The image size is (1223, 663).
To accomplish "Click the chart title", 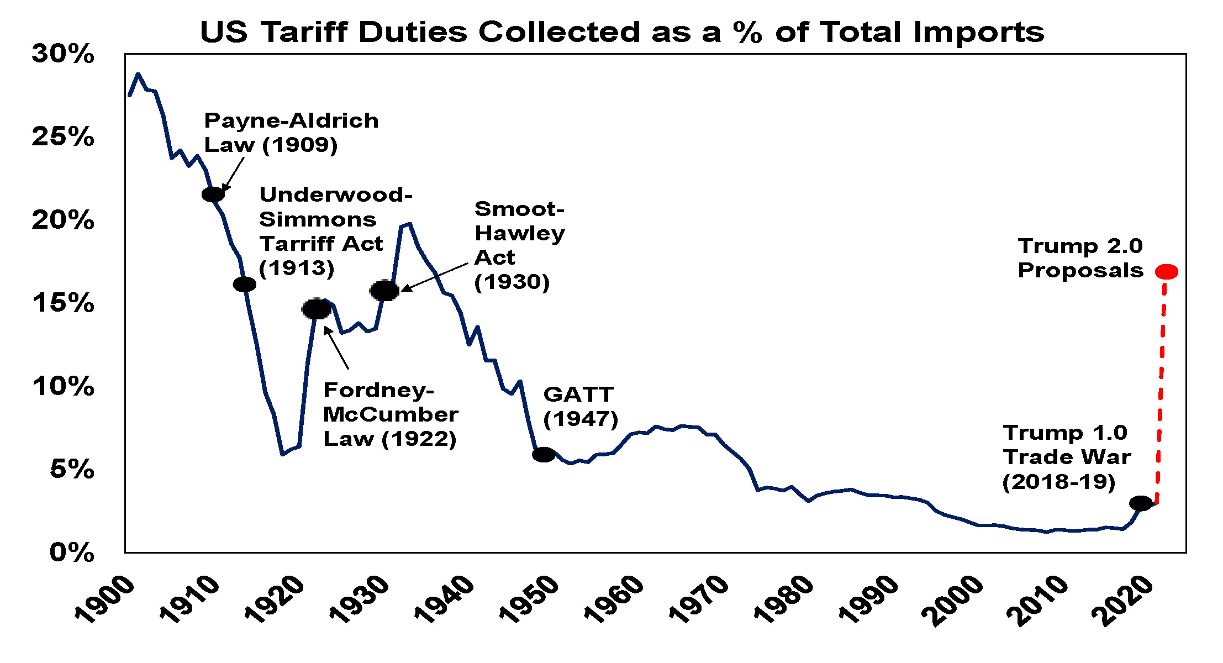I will click(x=621, y=31).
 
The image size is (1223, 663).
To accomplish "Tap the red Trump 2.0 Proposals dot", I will click(x=1166, y=271).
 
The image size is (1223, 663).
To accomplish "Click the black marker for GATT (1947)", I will click(x=544, y=454).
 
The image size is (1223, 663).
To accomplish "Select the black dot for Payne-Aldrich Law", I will click(x=213, y=194).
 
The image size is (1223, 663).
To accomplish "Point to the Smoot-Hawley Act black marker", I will click(x=384, y=290).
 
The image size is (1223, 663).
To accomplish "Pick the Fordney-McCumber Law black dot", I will click(x=317, y=309).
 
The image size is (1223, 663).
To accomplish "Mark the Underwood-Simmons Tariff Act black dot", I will click(x=244, y=284).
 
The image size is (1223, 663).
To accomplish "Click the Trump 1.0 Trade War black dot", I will click(x=1141, y=503).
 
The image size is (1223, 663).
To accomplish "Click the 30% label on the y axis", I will click(x=63, y=54).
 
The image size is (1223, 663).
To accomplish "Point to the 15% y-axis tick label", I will click(x=63, y=303).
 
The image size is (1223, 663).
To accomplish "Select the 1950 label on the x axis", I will click(x=529, y=599).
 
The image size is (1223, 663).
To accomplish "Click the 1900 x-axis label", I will click(x=104, y=599).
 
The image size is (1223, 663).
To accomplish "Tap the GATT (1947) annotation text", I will click(x=580, y=407).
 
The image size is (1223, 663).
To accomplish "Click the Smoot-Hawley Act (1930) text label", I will click(x=519, y=245).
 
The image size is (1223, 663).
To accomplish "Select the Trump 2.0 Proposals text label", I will click(x=1080, y=258).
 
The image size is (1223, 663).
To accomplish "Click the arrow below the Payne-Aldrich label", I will click(x=234, y=173).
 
